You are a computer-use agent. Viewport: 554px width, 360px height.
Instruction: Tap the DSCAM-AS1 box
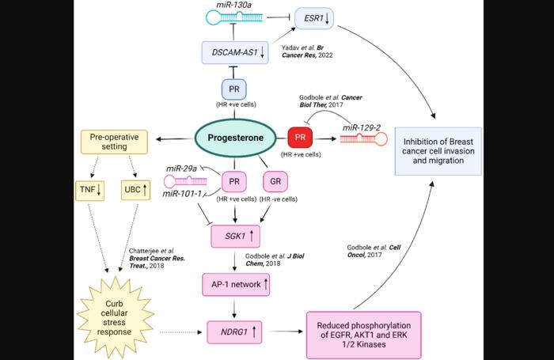tap(237, 53)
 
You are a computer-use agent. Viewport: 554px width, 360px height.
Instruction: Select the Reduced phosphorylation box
tap(362, 335)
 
